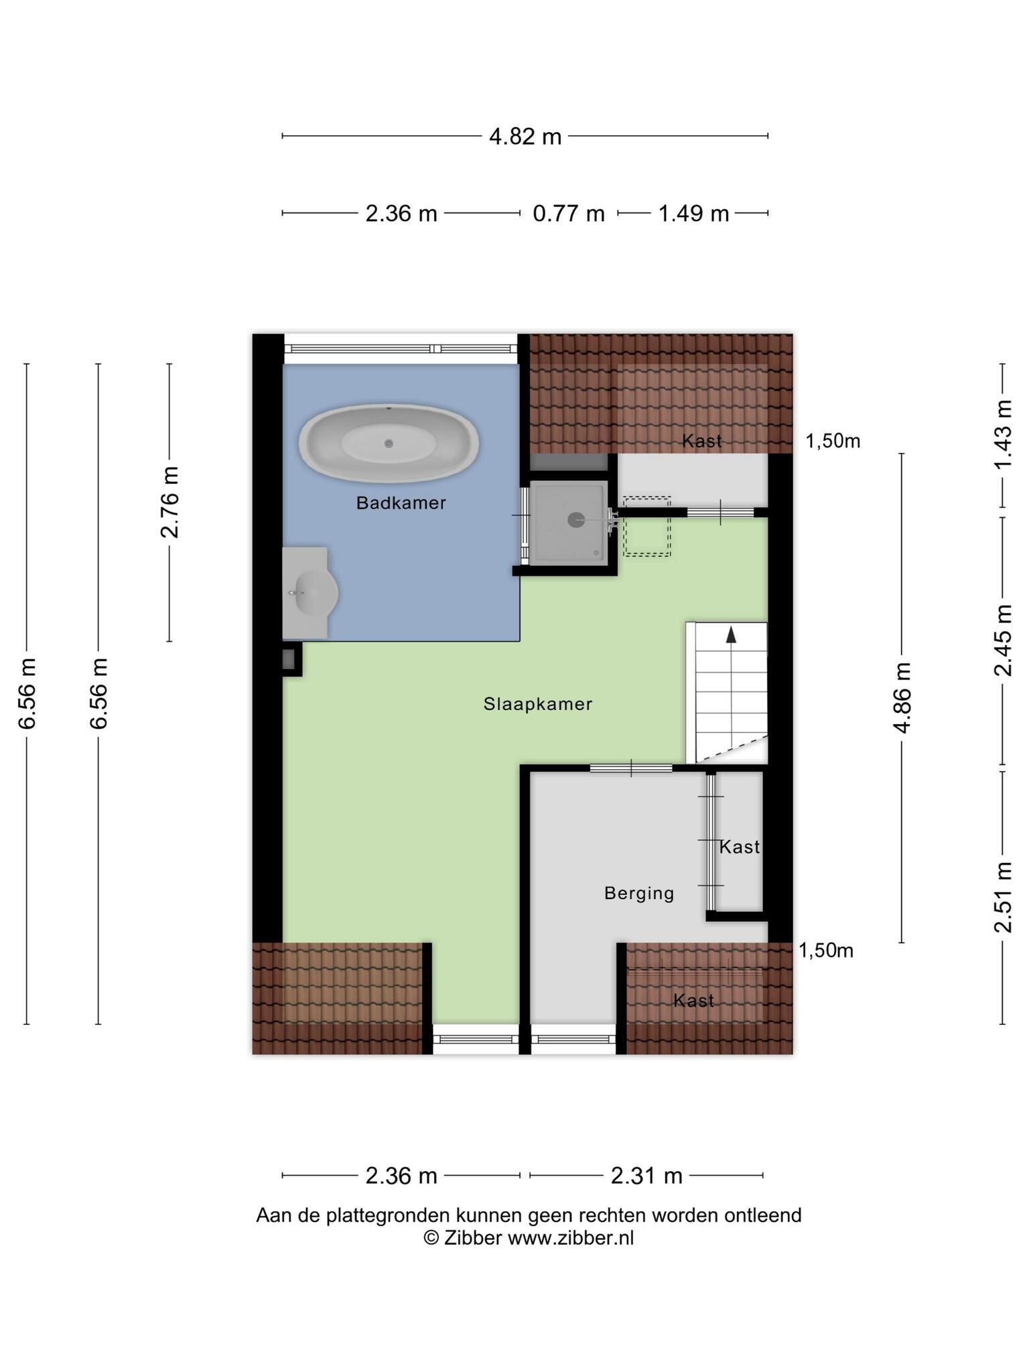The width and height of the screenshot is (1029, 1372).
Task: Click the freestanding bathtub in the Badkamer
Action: tap(389, 443)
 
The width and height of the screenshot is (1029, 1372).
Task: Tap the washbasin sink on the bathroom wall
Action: tap(310, 593)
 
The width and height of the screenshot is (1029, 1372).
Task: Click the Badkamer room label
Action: tap(401, 502)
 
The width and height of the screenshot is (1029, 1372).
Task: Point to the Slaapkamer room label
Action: tap(538, 704)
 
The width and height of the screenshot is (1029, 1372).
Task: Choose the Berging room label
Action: tap(639, 894)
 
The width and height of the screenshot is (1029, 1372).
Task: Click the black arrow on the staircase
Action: tap(731, 635)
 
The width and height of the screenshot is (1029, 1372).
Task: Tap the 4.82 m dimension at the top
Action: tap(525, 137)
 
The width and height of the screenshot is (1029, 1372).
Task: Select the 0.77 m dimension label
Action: tap(569, 214)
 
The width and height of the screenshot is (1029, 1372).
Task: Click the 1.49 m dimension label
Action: tap(693, 214)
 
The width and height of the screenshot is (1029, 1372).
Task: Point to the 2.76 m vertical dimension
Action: tap(170, 502)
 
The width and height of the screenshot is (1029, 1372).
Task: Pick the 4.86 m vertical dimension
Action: tap(902, 697)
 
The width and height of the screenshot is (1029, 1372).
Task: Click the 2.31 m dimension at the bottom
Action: tap(646, 1175)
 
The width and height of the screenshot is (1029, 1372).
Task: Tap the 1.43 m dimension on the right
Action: tap(1003, 435)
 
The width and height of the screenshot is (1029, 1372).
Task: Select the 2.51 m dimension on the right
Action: tap(1003, 897)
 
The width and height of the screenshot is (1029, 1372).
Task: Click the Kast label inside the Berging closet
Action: tap(740, 847)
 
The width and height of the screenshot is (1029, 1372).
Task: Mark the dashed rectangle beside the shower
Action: tap(647, 526)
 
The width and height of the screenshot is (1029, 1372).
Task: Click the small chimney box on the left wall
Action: tap(291, 659)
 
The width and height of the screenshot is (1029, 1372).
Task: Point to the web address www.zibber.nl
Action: tap(570, 1237)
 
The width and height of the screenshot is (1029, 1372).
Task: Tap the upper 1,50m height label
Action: tap(833, 441)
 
